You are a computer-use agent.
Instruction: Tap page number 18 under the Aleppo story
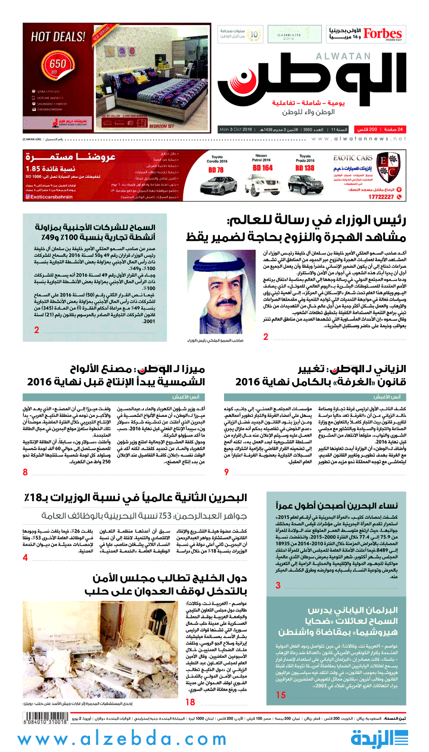190,686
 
